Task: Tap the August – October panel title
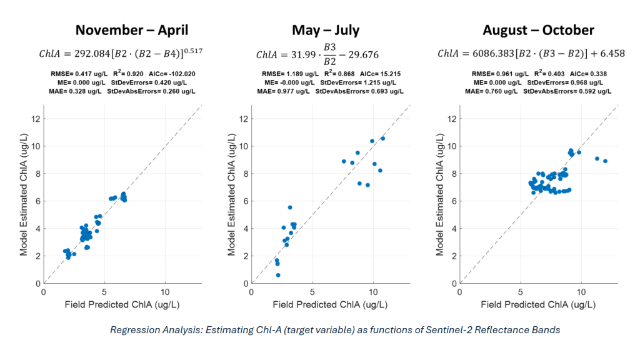pyautogui.click(x=538, y=30)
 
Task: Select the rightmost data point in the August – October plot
pyautogui.click(x=605, y=161)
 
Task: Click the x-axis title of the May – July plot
pyautogui.click(x=331, y=304)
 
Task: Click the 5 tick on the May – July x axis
pyautogui.click(x=312, y=292)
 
